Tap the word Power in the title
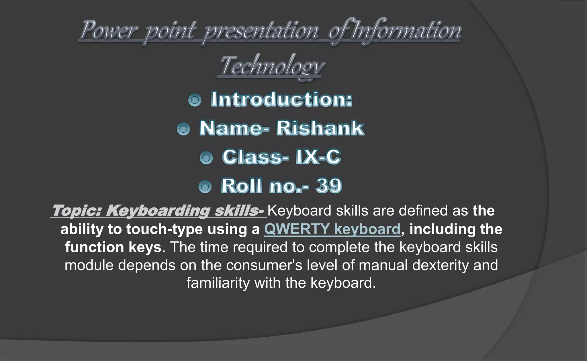(109, 30)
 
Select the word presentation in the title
(261, 31)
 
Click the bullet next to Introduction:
(195, 100)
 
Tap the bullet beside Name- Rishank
(183, 129)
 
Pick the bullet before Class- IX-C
(206, 158)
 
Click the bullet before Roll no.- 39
(205, 187)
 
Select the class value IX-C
(318, 157)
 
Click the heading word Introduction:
(281, 99)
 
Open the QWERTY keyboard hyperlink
(332, 229)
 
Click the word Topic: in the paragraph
(77, 211)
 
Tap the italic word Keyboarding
(158, 211)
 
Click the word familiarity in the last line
(218, 283)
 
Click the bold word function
(94, 247)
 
